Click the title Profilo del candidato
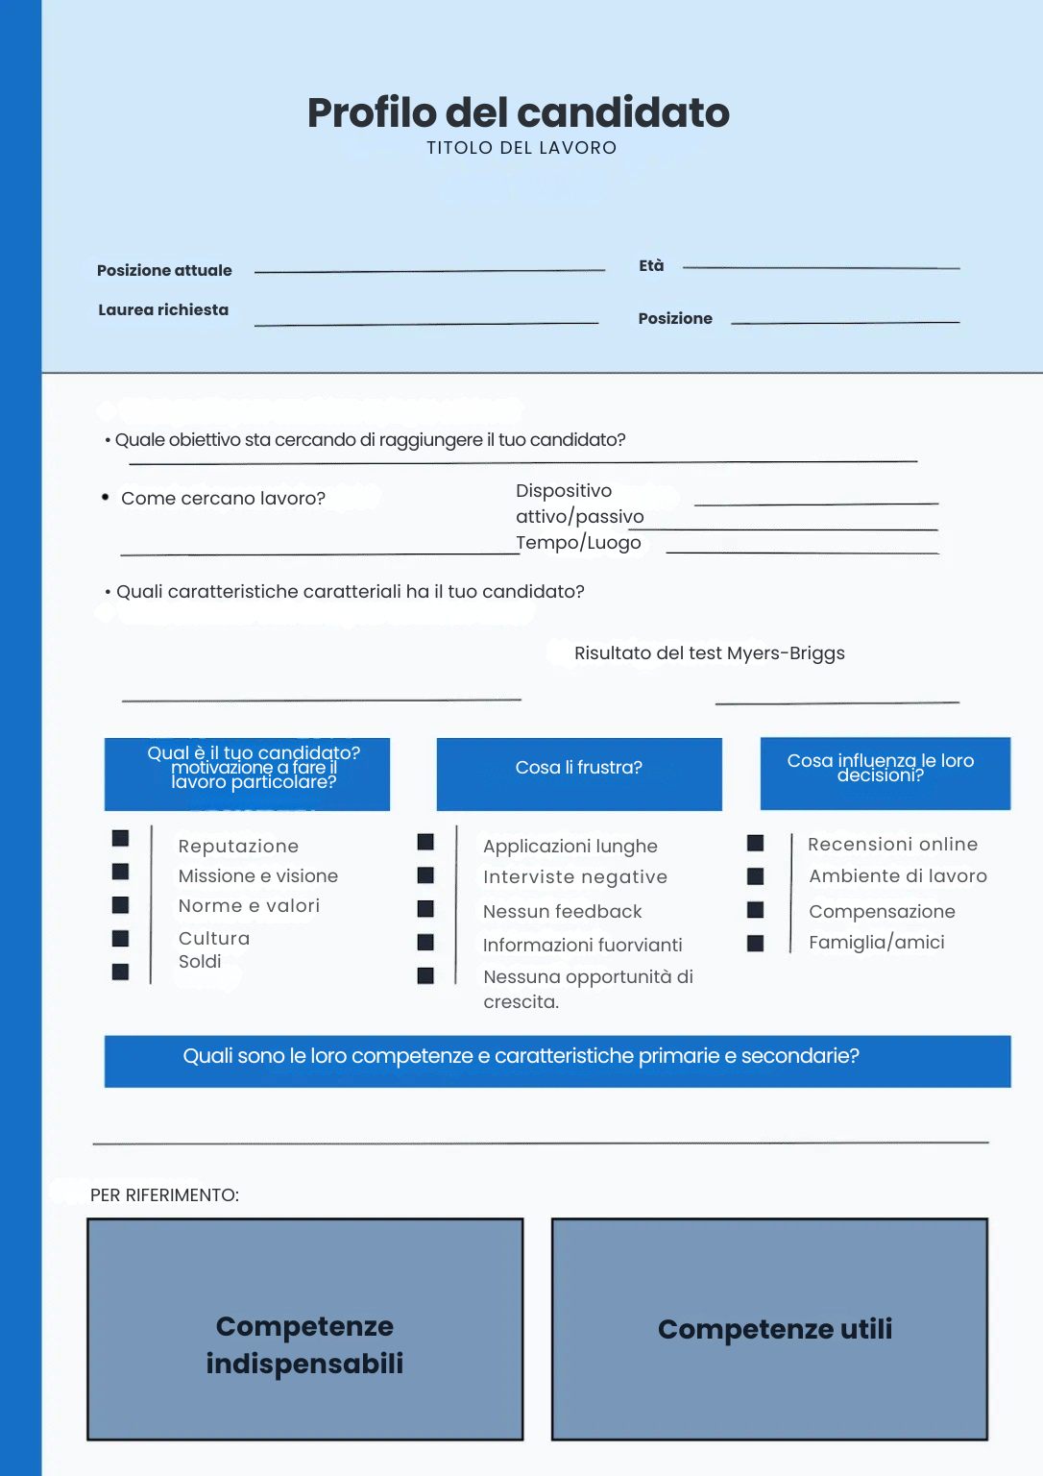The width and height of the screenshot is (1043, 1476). click(519, 113)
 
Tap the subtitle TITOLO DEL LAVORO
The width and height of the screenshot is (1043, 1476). click(521, 148)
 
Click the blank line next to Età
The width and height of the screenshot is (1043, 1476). click(820, 267)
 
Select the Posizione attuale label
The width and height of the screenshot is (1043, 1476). click(164, 271)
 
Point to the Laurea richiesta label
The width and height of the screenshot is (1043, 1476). click(163, 310)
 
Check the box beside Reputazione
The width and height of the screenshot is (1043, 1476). click(120, 838)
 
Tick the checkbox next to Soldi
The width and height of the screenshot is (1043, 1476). click(120, 972)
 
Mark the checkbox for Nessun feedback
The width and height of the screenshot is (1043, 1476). click(425, 909)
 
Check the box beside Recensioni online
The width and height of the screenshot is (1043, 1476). click(756, 843)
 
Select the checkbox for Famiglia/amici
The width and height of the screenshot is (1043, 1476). click(756, 944)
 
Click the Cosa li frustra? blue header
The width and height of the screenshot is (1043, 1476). click(579, 774)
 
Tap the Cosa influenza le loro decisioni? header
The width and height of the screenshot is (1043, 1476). click(885, 773)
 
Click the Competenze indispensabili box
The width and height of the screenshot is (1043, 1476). click(305, 1330)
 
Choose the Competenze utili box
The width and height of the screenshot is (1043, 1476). click(769, 1330)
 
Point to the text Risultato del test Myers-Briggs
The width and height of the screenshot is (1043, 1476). click(710, 653)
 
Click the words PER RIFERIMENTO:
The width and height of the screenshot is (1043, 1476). click(164, 1195)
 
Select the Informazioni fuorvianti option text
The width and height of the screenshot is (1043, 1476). click(583, 946)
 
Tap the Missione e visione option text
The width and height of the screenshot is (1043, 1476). click(258, 876)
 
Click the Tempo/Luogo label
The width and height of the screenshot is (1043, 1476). click(578, 543)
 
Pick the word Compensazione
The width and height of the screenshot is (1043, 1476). click(882, 912)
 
